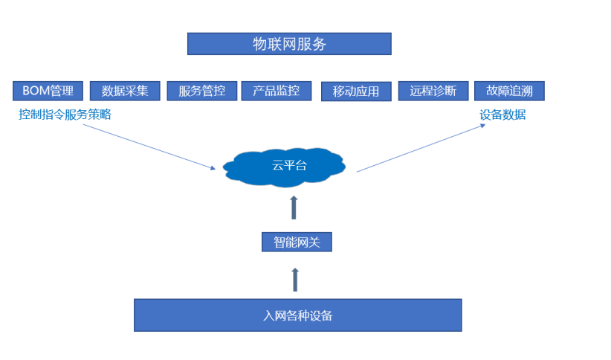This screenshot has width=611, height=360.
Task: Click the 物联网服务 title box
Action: (x=289, y=44)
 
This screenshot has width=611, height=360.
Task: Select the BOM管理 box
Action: (x=48, y=91)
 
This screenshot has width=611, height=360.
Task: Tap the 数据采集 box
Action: (x=125, y=91)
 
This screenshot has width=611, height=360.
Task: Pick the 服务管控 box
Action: (x=201, y=91)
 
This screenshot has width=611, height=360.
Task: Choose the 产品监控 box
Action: (x=276, y=91)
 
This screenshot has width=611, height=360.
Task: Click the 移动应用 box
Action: (x=356, y=91)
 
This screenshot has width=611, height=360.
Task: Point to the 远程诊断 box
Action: (x=433, y=91)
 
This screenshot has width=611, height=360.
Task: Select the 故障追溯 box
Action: (x=509, y=91)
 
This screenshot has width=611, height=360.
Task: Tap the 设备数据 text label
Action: (x=502, y=115)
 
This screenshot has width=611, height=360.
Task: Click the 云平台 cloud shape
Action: (x=287, y=166)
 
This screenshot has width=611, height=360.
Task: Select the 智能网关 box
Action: (x=297, y=242)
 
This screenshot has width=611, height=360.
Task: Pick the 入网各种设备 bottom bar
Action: (x=297, y=315)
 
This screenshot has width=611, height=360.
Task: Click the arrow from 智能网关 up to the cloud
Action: (x=294, y=208)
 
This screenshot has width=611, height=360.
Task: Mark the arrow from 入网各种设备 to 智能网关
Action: (x=295, y=279)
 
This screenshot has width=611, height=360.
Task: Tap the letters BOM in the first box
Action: (x=36, y=91)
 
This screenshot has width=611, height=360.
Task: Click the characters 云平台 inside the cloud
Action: (x=288, y=165)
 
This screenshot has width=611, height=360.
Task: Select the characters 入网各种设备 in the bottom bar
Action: (x=297, y=315)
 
